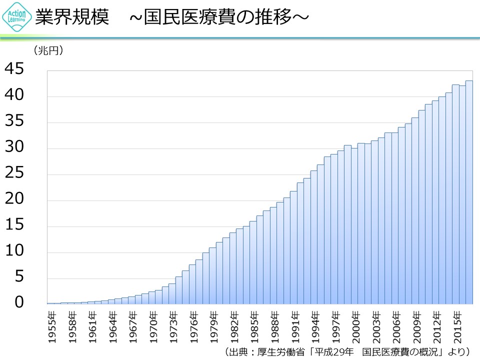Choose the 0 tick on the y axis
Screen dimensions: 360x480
pos(19,303)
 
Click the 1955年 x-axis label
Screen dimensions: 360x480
pos(51,327)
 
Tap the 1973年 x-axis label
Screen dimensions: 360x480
pos(172,327)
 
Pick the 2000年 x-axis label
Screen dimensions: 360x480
pos(354,327)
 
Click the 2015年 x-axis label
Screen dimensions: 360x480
pos(455,327)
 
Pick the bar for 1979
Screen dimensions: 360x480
pos(213,275)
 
